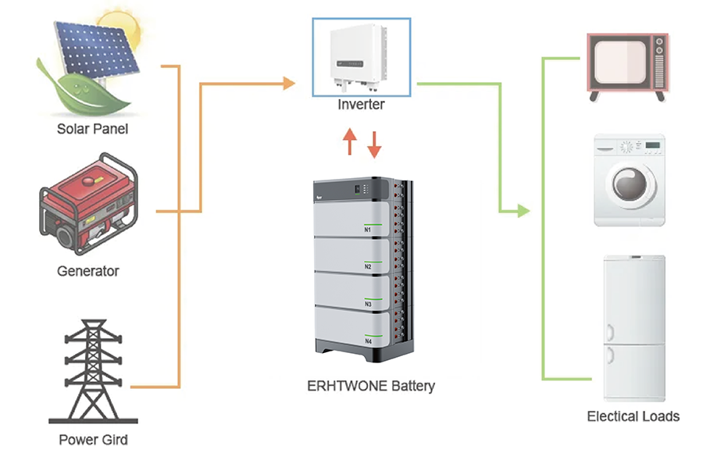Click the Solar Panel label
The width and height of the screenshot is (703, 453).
[92, 129]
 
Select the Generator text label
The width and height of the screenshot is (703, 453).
[88, 271]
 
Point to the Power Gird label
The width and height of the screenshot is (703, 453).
[93, 439]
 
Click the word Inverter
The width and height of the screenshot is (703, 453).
[361, 104]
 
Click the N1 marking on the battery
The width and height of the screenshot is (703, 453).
[368, 230]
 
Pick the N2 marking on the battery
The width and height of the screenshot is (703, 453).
[368, 266]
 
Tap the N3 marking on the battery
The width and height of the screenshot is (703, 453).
[368, 304]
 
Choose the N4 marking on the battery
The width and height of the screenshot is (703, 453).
[368, 341]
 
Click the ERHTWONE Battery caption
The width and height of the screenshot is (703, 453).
[370, 386]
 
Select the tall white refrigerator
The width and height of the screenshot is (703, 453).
[633, 327]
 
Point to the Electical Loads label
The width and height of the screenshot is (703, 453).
[633, 416]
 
